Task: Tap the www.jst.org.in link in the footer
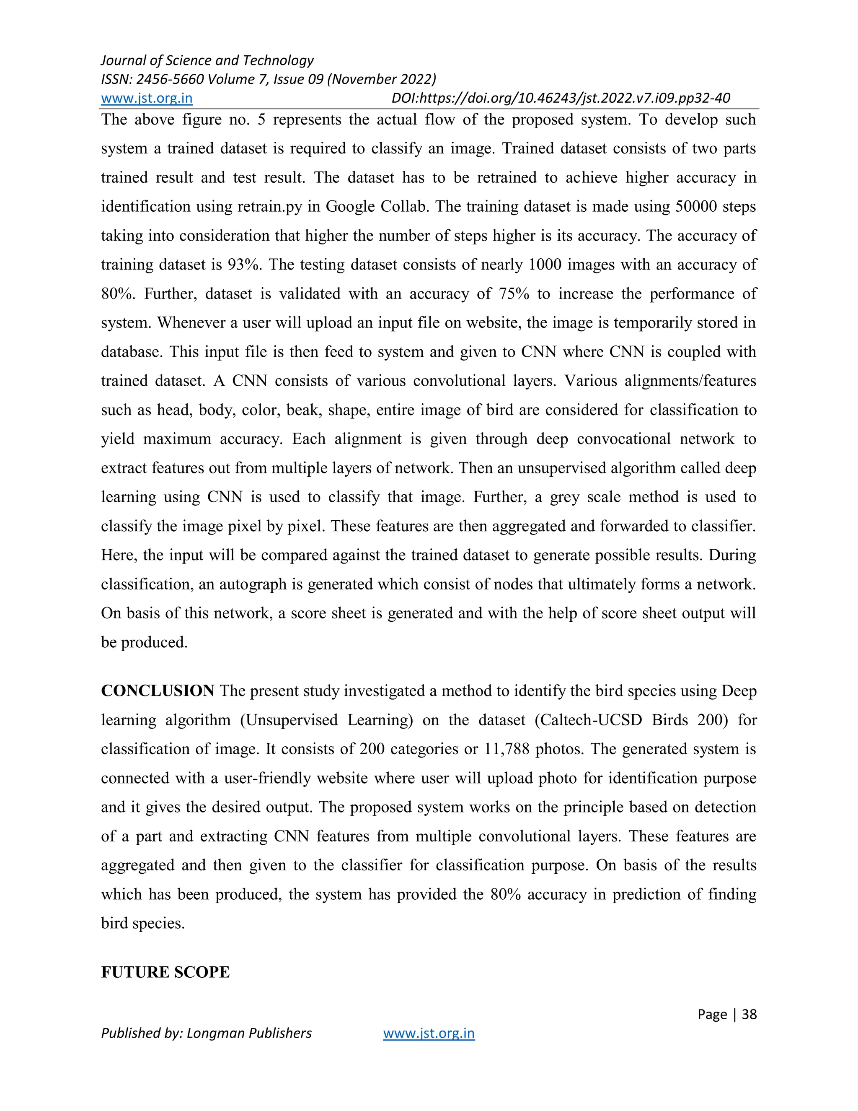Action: click(429, 1033)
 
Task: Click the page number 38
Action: click(749, 1014)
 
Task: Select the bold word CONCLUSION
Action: click(158, 691)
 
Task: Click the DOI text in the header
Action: click(561, 98)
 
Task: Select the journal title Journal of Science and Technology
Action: click(207, 60)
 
